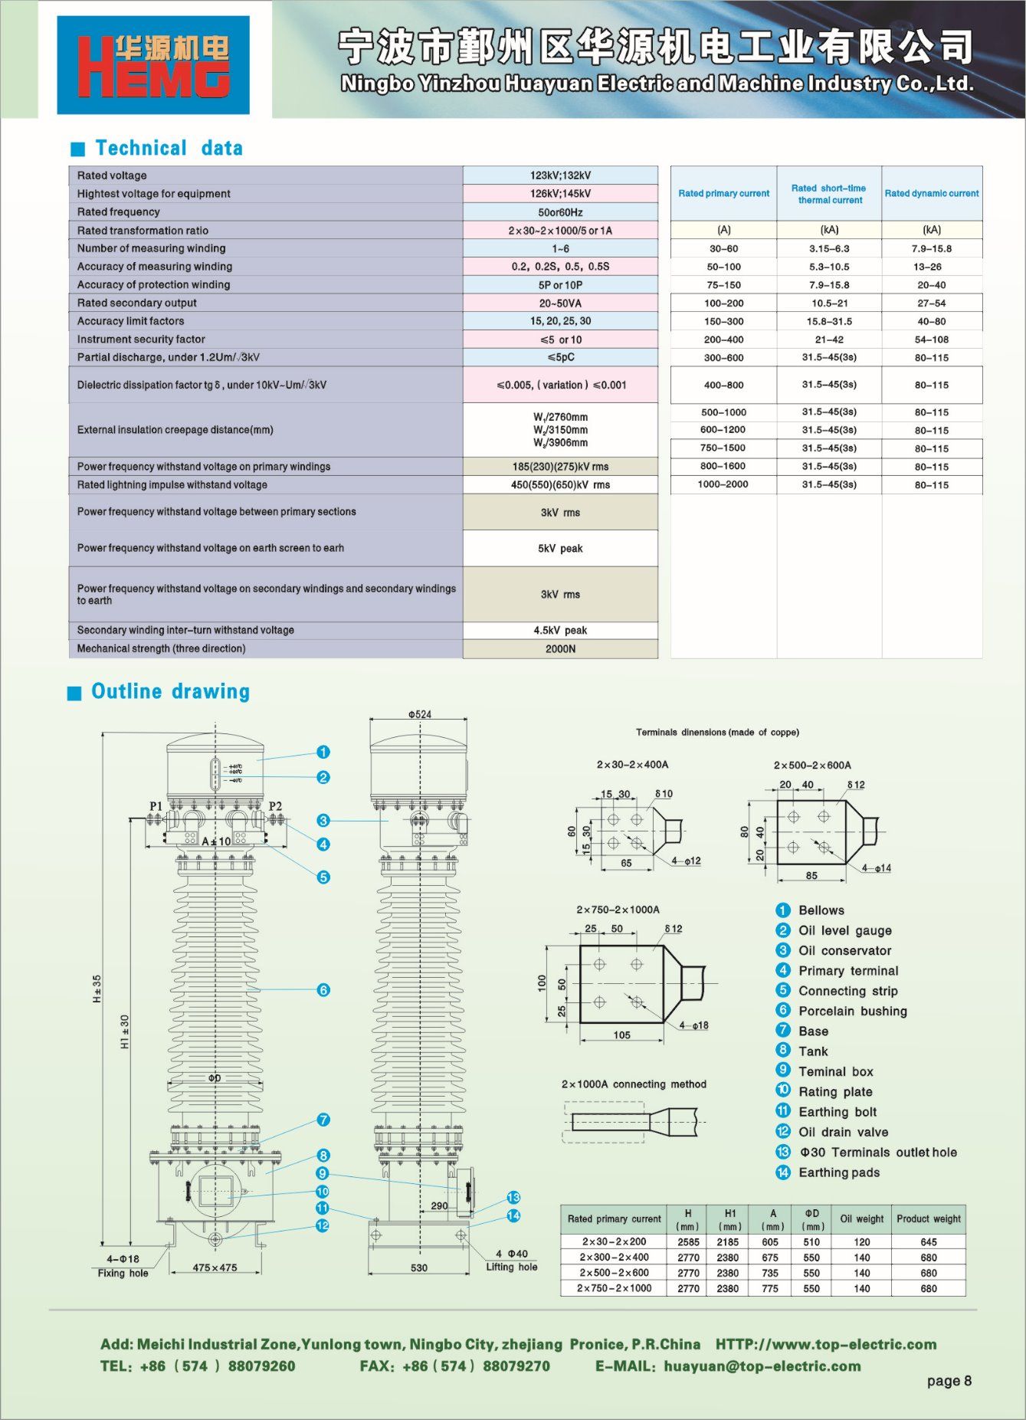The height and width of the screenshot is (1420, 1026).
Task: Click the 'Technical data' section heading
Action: (169, 148)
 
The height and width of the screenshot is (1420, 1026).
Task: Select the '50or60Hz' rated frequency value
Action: (560, 212)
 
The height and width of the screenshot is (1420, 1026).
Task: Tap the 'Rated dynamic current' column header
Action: (932, 194)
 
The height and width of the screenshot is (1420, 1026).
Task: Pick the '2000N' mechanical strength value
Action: (560, 649)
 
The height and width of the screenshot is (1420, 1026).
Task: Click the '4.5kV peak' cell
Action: (560, 631)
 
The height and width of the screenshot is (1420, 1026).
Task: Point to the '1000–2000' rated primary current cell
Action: (723, 484)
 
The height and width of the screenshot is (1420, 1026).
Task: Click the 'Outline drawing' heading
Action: (171, 691)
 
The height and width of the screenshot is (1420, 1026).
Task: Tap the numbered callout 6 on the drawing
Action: (323, 990)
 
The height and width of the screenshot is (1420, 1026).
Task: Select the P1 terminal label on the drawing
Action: (156, 806)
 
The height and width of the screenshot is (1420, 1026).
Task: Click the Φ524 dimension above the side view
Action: (419, 714)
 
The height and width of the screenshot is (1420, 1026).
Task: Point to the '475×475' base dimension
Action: (215, 1268)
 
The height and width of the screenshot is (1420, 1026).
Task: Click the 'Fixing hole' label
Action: (123, 1274)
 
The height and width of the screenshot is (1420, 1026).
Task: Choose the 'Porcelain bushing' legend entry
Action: (853, 1012)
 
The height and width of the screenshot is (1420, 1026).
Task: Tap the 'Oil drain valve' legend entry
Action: (844, 1133)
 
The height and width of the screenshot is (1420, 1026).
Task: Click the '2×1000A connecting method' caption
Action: (634, 1084)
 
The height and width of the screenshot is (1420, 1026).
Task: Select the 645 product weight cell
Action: (929, 1242)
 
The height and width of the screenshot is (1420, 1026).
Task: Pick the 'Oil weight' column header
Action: (862, 1219)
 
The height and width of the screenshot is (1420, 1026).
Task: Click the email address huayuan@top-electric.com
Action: (762, 1366)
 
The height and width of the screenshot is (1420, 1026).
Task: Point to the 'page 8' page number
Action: (949, 1381)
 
